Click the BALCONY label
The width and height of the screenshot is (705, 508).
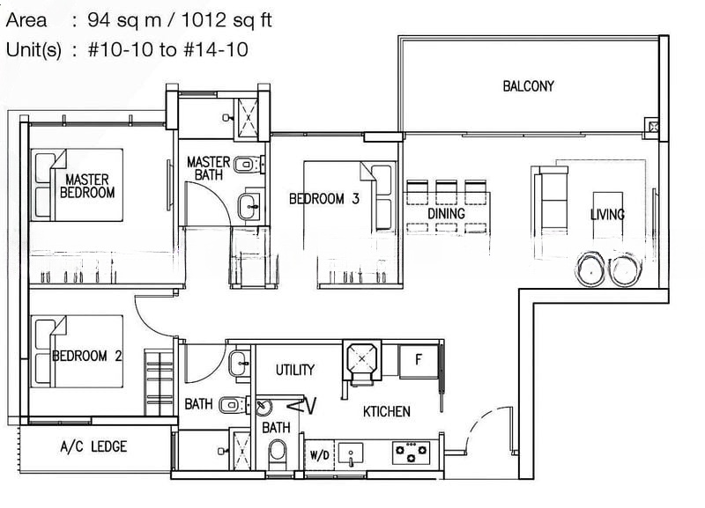(528, 85)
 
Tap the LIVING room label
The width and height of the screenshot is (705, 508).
(607, 214)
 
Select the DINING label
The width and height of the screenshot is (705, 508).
(446, 213)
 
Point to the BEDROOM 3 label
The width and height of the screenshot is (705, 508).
(323, 198)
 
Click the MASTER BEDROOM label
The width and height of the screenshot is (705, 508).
(87, 186)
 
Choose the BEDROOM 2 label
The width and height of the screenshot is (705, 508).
(86, 357)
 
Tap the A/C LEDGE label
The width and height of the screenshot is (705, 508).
(93, 446)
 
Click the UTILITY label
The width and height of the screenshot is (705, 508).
(295, 370)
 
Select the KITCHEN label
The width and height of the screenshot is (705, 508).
(387, 411)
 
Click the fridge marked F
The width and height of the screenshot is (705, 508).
(418, 361)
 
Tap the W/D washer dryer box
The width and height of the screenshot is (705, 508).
(319, 455)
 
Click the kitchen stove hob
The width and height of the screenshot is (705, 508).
(411, 453)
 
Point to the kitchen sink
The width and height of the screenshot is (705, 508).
(351, 454)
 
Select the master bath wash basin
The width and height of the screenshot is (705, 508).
(249, 207)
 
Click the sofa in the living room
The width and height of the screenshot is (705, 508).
(552, 200)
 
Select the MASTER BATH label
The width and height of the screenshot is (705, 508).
(208, 168)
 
